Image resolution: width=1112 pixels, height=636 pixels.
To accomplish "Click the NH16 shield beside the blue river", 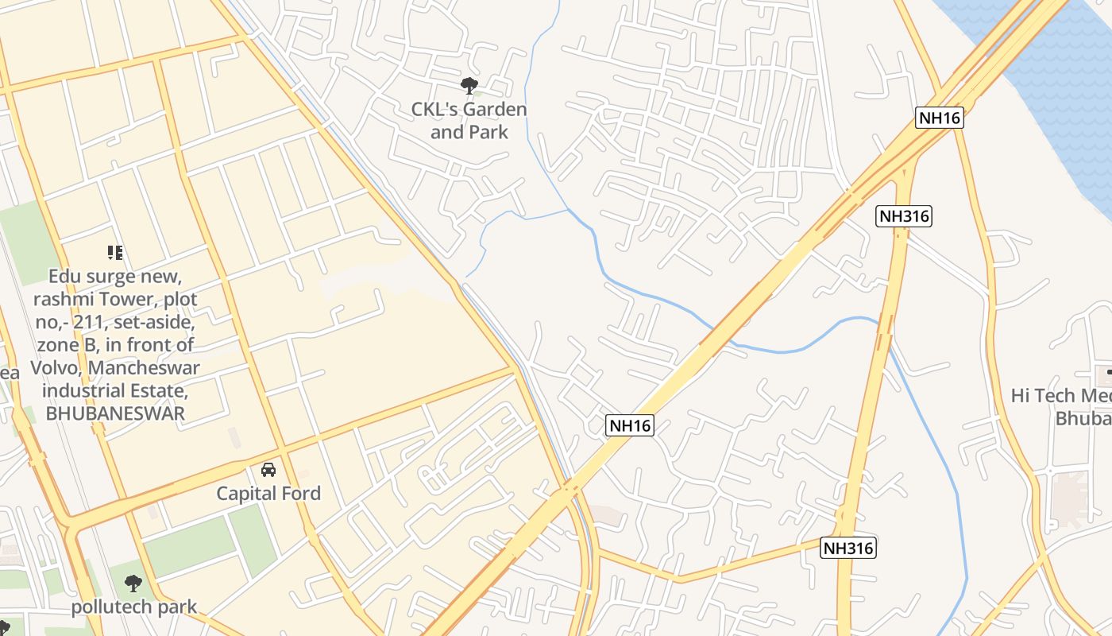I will [940, 118].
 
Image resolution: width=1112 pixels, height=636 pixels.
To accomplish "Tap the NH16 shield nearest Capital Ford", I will [631, 425].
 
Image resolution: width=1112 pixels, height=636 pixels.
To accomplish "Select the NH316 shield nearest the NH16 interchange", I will [904, 215].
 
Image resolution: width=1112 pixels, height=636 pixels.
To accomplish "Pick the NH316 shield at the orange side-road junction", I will [848, 548].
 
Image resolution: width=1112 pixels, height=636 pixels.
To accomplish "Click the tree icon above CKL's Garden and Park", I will [469, 85].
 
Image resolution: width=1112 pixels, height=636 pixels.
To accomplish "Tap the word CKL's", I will [434, 109].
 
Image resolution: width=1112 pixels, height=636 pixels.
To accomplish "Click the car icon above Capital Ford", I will [268, 470].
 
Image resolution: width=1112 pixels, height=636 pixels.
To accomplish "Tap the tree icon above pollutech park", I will [133, 584].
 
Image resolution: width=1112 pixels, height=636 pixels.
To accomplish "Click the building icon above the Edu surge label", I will [115, 253].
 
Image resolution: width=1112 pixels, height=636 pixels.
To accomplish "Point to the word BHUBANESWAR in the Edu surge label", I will [115, 413].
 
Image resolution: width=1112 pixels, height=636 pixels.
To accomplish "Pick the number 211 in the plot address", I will [94, 323].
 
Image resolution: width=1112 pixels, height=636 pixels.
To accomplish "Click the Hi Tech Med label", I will [1061, 396].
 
